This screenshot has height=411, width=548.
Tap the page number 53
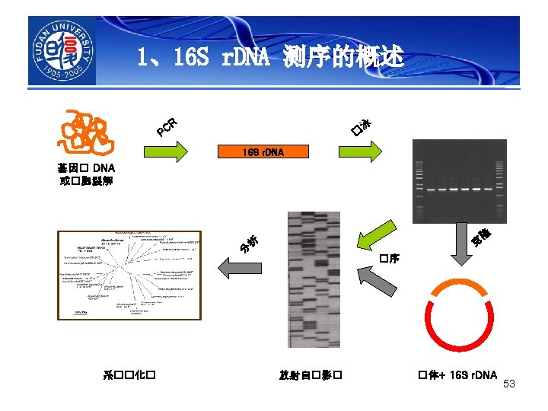point(509,384)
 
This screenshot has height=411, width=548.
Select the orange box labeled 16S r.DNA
point(263,152)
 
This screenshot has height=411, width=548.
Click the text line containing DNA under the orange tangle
point(85,167)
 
